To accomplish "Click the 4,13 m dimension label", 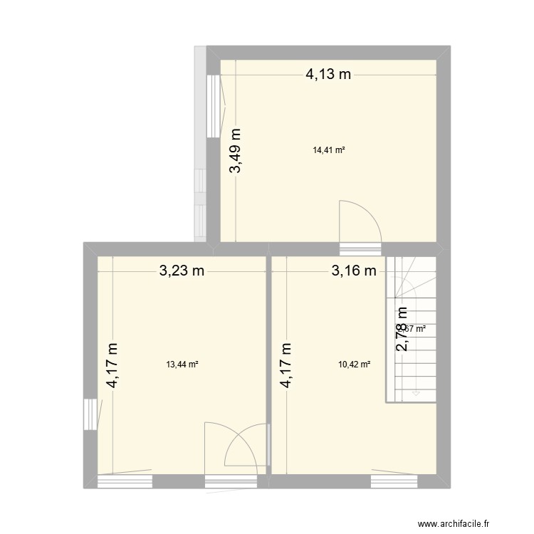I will (x=329, y=74).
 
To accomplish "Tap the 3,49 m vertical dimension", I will (x=235, y=150).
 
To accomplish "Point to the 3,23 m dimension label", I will (x=182, y=271).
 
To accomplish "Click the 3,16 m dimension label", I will (x=352, y=271).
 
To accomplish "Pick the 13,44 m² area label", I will (x=182, y=365).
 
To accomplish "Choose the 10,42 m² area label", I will (x=355, y=365).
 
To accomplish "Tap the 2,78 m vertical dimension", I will (x=402, y=329).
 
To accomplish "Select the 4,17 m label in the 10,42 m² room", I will (x=286, y=365).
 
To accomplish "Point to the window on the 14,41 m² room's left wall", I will (x=213, y=105).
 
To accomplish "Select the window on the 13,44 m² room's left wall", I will (x=90, y=414).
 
